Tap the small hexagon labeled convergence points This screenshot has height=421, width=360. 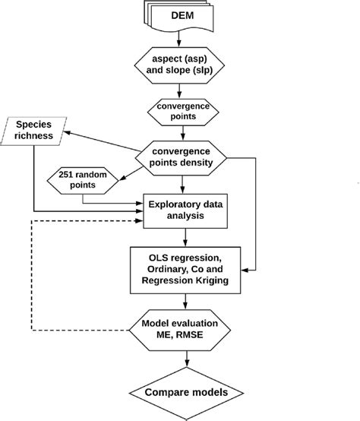[x=182, y=112]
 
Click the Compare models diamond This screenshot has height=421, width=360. [x=182, y=394]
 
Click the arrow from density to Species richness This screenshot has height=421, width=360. [x=99, y=141]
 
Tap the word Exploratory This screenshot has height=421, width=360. [x=177, y=203]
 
